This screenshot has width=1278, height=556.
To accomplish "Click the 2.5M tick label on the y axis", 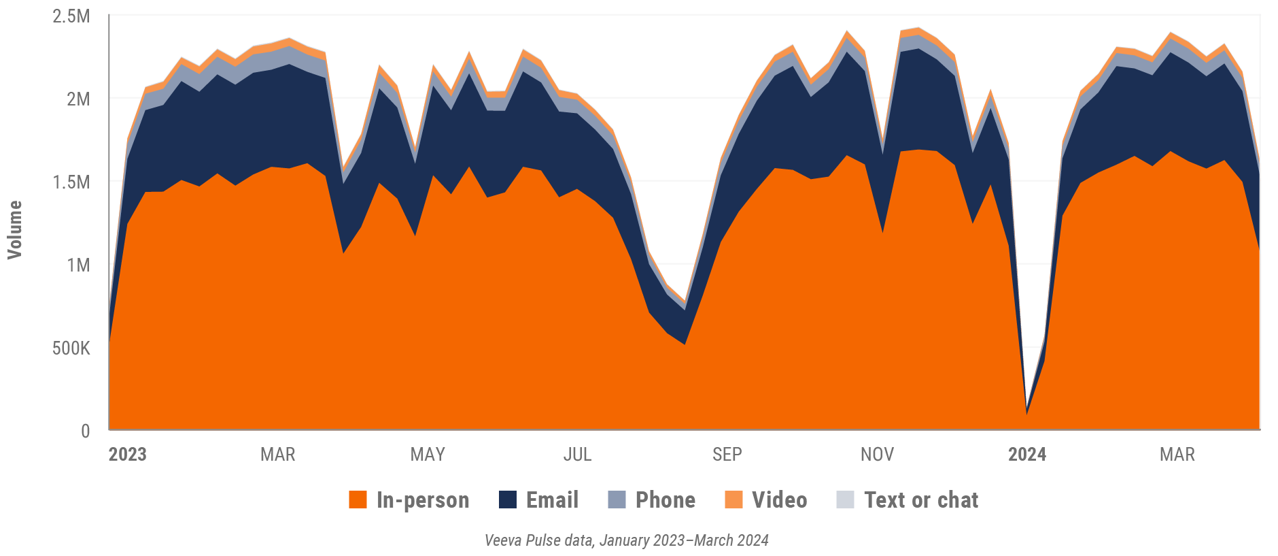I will tap(71, 16).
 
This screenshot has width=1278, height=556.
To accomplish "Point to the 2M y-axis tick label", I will tap(77, 99).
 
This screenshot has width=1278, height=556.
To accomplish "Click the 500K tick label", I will tap(71, 348).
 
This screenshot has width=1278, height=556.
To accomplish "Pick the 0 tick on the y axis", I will tap(85, 431).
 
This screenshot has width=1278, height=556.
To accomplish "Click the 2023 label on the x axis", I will tap(127, 455).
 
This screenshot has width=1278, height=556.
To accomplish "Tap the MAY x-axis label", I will tap(428, 455).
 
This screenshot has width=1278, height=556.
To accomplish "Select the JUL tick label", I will tap(577, 455).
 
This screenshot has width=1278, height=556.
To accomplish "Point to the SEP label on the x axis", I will tap(727, 455).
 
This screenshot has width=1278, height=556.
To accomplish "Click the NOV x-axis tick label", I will tap(877, 455).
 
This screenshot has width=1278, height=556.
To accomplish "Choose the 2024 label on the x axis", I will tap(1026, 455).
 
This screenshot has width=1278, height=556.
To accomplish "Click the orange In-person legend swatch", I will tap(358, 500).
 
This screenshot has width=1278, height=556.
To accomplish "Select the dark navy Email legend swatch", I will tap(508, 500).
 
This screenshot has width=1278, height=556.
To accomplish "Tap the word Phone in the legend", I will tap(665, 500).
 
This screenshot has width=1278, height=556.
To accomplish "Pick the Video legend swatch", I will tap(733, 500).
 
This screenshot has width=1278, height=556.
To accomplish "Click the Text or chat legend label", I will tap(920, 500).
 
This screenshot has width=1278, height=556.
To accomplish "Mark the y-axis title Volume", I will tap(15, 229).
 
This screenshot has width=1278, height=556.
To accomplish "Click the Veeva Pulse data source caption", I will tap(626, 540).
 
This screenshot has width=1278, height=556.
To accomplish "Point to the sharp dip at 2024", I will tap(1026, 412).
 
